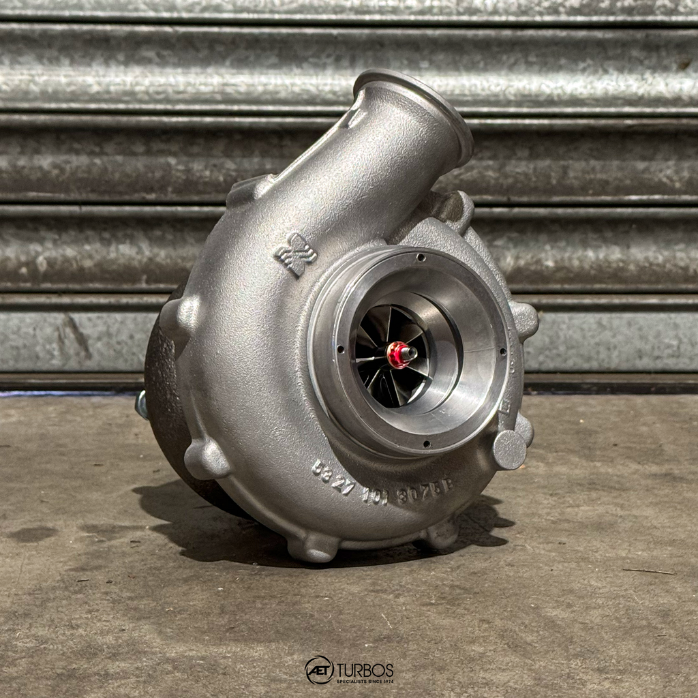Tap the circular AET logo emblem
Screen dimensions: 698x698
coord(319,670)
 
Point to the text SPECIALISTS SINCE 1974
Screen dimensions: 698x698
coord(365,681)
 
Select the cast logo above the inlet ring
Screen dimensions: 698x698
coord(296,255)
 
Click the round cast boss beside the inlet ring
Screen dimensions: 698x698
coord(509,449)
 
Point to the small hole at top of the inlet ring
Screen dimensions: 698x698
coord(421,258)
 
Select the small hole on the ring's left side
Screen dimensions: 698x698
coord(339,349)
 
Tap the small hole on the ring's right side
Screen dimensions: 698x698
coord(502,352)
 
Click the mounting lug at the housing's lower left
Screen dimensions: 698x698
coord(207,459)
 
